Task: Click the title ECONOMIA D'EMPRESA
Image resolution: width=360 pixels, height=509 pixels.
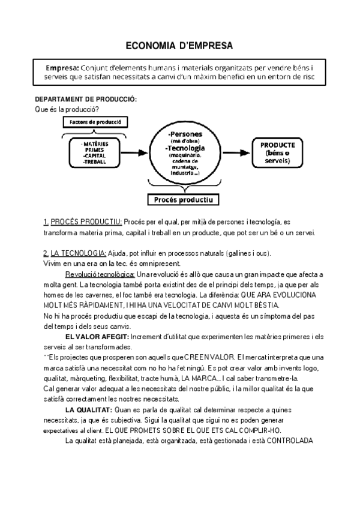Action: (x=179, y=45)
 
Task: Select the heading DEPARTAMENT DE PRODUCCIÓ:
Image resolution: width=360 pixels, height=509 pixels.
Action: (x=86, y=98)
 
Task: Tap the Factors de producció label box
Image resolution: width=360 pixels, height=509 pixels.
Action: (x=95, y=122)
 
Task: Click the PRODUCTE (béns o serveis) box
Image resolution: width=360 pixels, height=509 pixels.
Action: (x=277, y=153)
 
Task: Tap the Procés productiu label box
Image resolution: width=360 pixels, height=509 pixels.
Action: (x=182, y=199)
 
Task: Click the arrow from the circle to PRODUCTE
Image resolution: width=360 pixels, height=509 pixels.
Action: (x=235, y=153)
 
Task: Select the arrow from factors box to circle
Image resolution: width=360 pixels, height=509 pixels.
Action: (x=139, y=153)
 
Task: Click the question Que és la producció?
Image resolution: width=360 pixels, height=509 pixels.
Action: (x=67, y=109)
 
